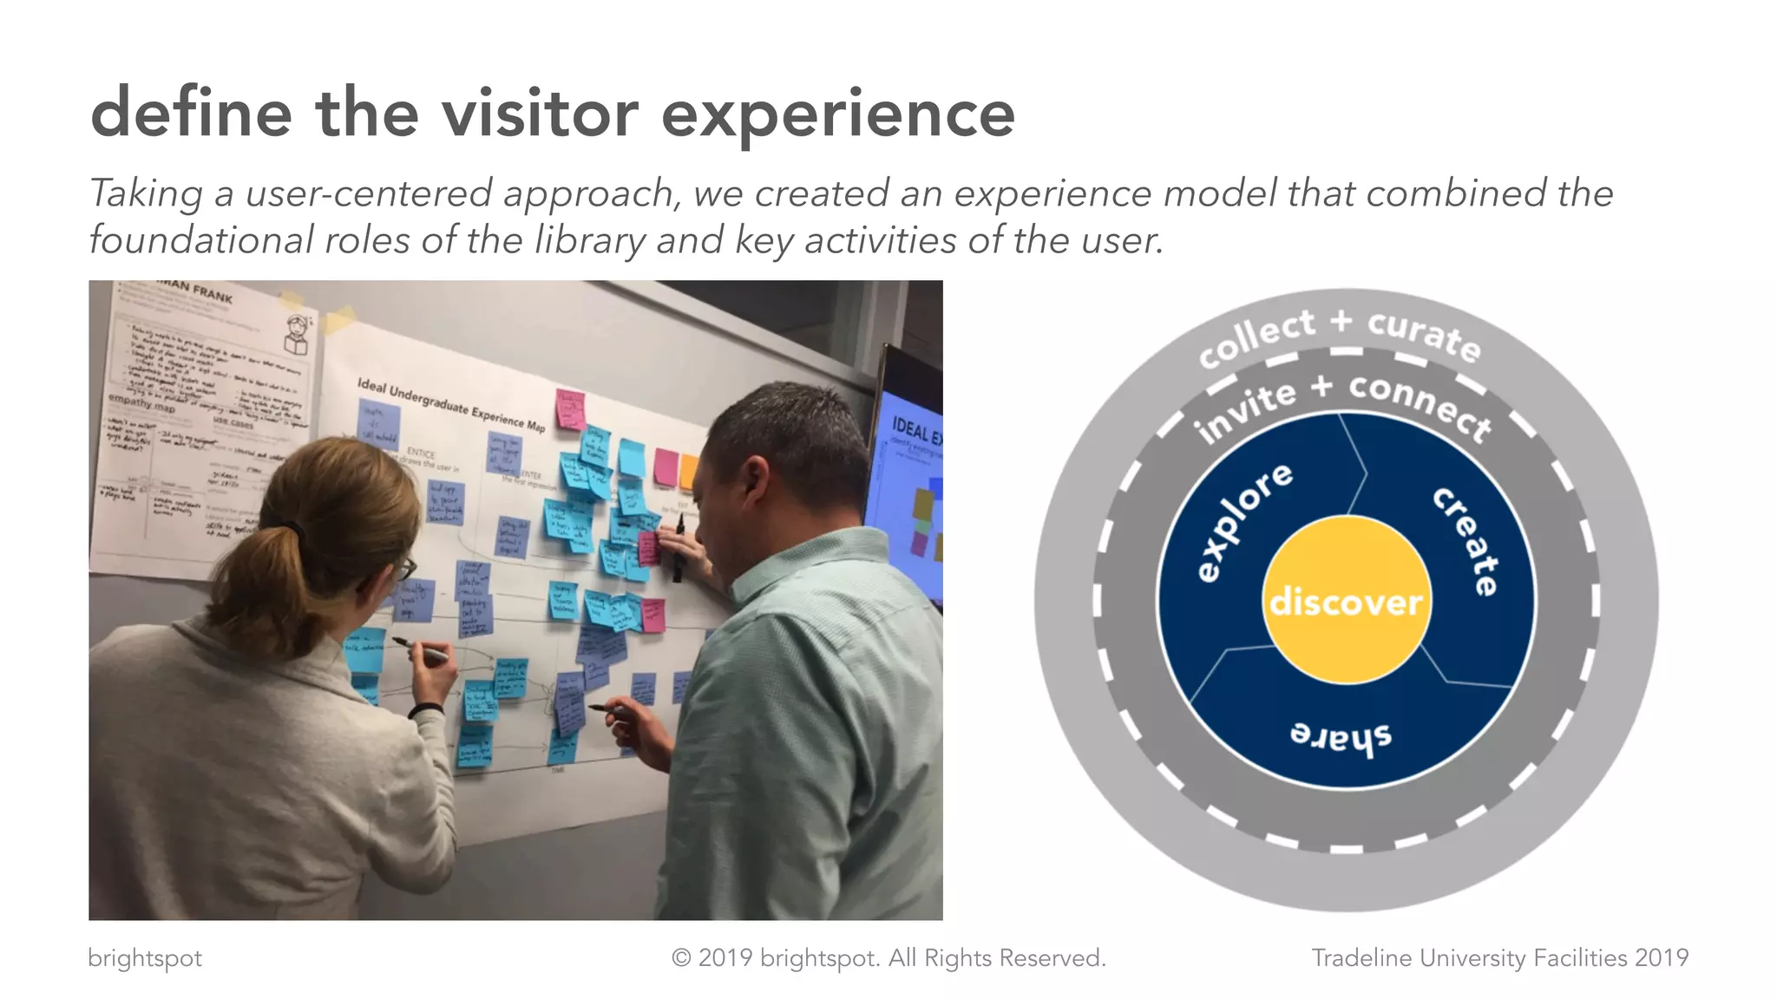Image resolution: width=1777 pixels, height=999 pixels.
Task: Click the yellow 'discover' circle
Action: tap(1345, 600)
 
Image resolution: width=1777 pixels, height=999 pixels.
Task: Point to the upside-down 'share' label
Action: tap(1341, 735)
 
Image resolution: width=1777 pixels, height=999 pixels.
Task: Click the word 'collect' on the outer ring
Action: tap(1256, 337)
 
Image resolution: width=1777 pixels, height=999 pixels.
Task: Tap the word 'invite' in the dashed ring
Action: tap(1245, 410)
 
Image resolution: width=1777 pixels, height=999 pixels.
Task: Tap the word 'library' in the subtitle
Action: tap(590, 240)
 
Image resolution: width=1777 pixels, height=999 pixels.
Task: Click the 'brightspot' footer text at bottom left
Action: tap(145, 957)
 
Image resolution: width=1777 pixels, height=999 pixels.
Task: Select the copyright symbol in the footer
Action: tap(681, 958)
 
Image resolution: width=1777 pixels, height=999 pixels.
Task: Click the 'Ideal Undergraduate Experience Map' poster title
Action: tap(450, 404)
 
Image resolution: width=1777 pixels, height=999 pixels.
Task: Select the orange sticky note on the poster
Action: tap(688, 471)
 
